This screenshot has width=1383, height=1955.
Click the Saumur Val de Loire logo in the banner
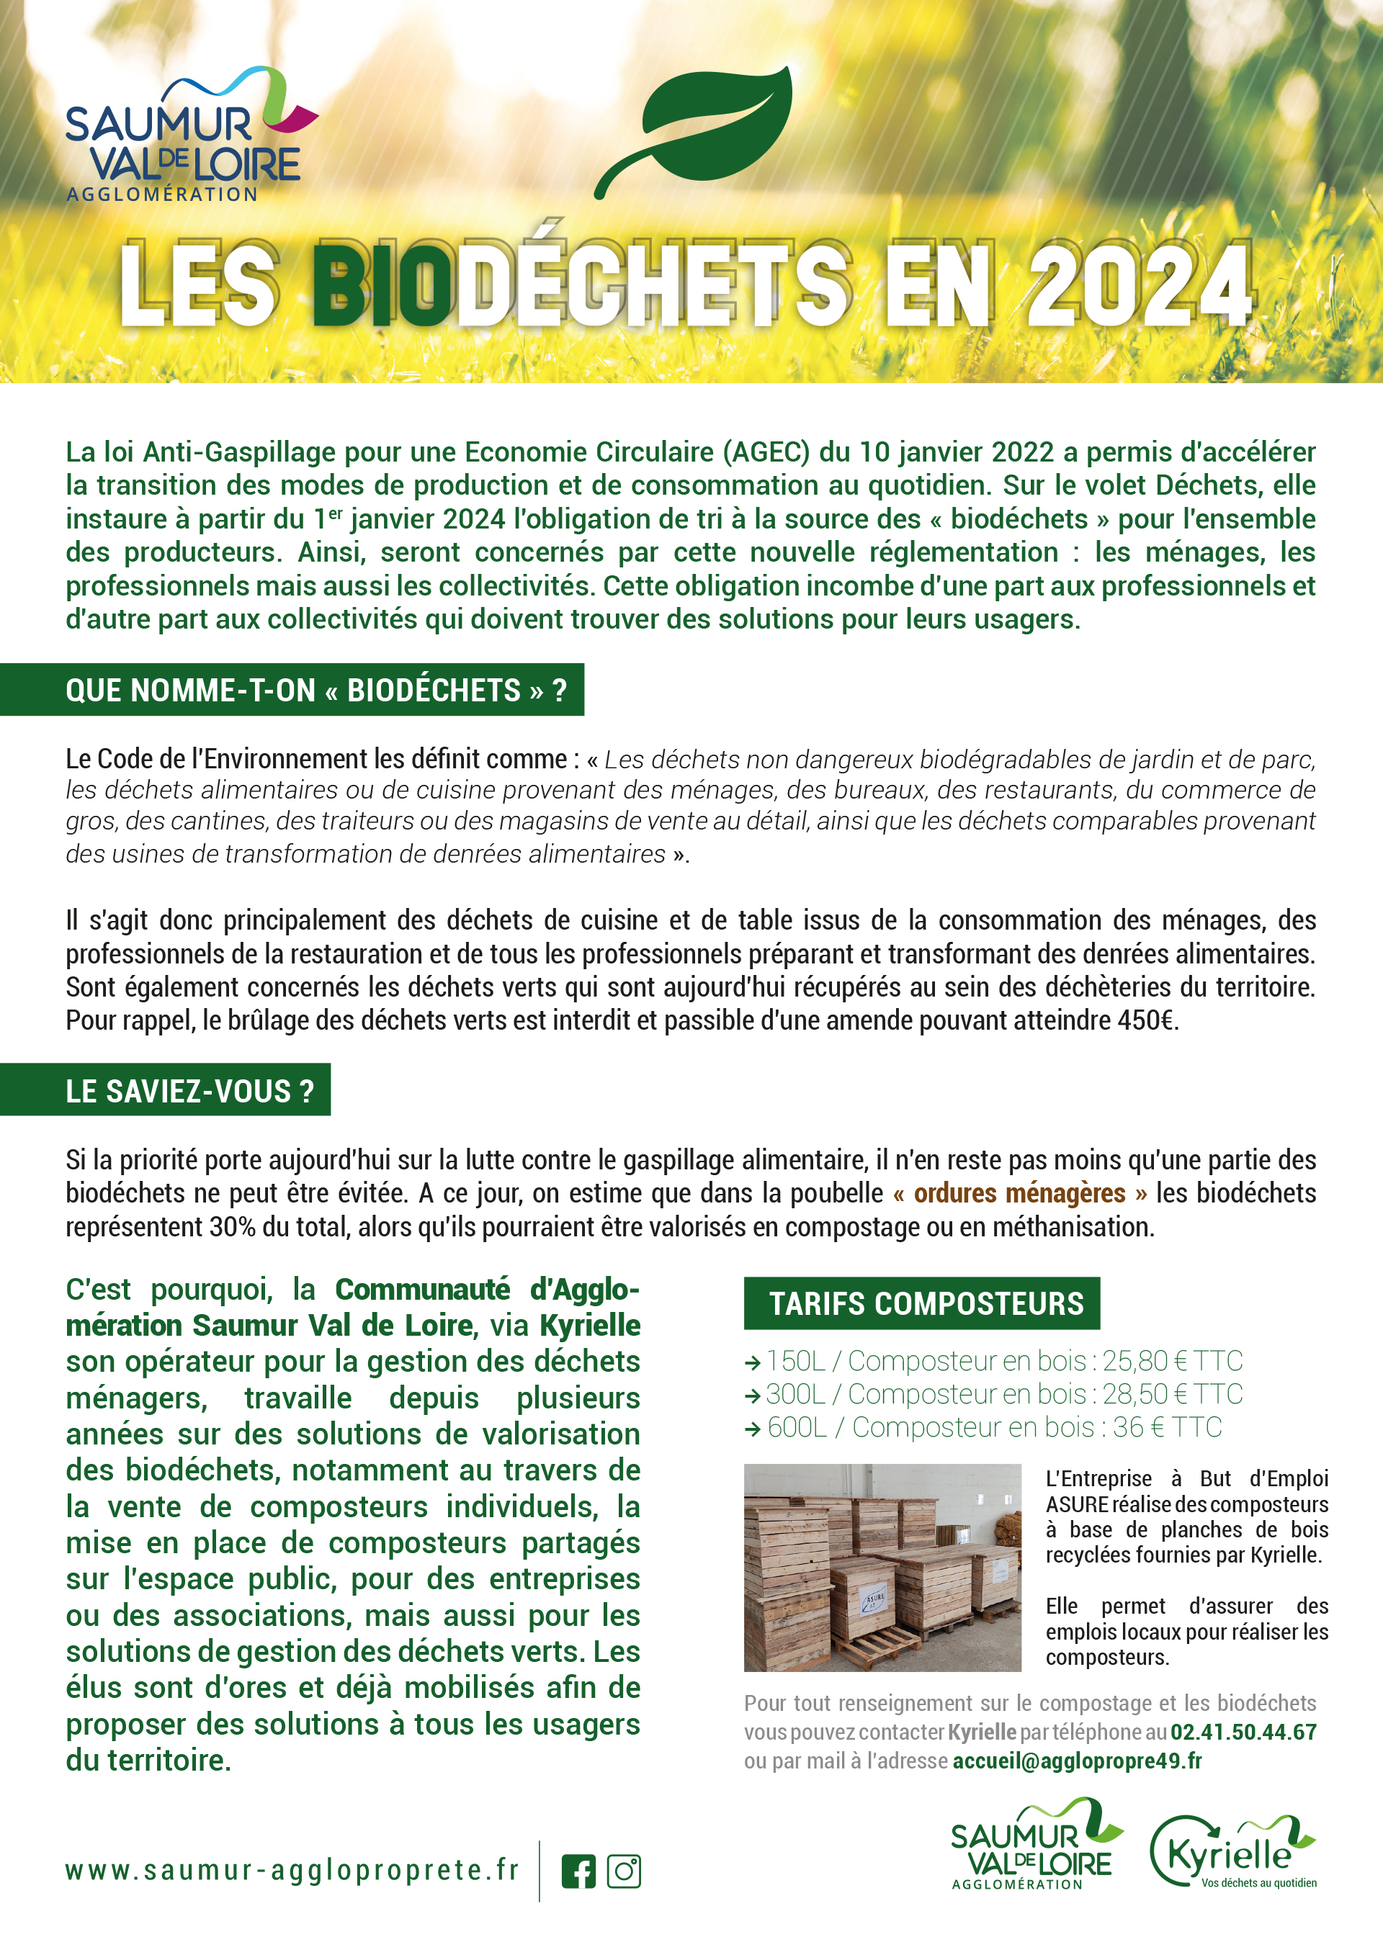187,136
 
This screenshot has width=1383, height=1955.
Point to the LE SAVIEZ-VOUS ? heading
189,1092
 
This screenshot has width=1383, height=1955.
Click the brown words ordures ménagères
1019,1194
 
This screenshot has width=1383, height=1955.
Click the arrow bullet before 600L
752,1429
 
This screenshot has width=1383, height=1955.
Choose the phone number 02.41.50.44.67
1243,1732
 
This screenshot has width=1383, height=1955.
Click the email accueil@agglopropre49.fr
1078,1761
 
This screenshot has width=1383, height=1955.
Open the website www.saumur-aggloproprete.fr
292,1871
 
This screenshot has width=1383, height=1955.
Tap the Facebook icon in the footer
579,1871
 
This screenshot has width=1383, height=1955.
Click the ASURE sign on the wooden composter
874,1600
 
